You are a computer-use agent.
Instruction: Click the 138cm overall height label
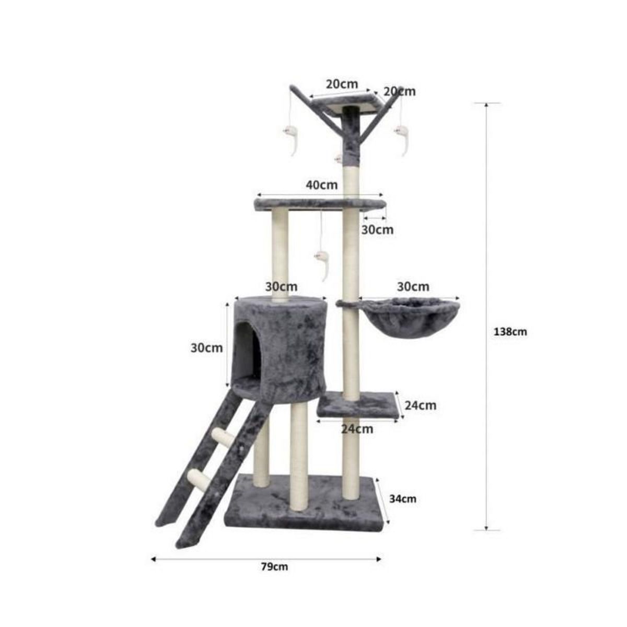510,332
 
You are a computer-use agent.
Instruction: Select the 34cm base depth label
403,499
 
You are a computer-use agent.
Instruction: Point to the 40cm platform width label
321,185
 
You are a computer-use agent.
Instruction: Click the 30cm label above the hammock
413,287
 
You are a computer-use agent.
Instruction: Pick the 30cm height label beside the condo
206,348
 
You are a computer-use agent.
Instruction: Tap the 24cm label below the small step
357,429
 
